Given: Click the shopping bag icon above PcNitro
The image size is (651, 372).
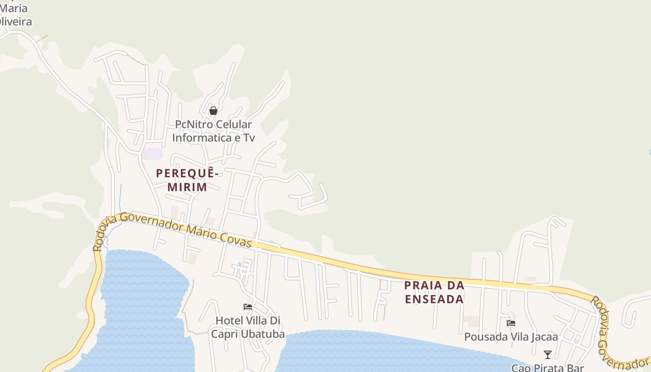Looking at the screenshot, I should coord(213,111).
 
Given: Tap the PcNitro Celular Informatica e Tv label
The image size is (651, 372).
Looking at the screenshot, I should coord(213,131).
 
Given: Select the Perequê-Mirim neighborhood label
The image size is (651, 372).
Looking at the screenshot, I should coord(187,180).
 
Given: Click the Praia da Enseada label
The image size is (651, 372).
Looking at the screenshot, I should coord(434,292).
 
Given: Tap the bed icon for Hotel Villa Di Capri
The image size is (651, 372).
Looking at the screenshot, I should coord(248,307).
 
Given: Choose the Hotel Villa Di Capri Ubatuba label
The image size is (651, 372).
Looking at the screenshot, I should coord(248,327).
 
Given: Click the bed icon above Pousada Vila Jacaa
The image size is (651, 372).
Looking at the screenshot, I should coord(511,323).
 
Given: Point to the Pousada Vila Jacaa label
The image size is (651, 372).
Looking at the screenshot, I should coord(511,337).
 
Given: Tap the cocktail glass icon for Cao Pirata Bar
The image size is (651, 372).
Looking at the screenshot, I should coord(548,355).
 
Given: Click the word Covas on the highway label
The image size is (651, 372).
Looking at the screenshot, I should coord(235,239).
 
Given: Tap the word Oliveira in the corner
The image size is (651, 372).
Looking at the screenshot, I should coord(15,21).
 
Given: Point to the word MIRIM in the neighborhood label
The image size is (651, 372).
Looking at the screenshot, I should coord(187,187).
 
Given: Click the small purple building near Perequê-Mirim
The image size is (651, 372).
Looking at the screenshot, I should coord(153,154).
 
